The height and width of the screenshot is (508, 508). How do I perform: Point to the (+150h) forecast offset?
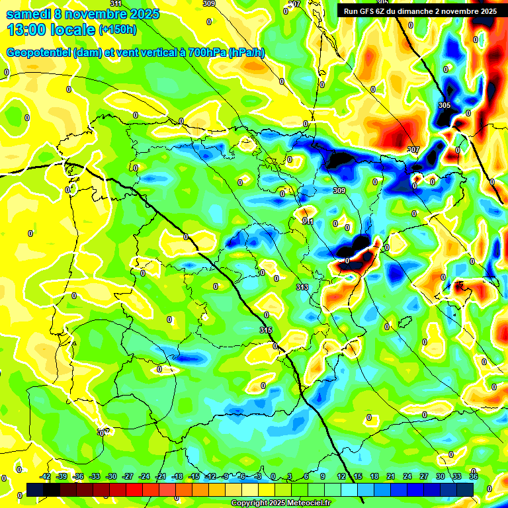[x=117, y=30]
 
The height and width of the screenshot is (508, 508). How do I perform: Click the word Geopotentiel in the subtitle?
[x=39, y=53]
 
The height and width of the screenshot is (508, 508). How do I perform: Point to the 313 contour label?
[x=302, y=287]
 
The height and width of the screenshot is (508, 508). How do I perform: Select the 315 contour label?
[x=266, y=330]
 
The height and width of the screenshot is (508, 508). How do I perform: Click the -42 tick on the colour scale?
[x=46, y=476]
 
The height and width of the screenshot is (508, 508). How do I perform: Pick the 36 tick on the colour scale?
[x=474, y=476]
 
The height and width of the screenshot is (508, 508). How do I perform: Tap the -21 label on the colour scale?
[x=161, y=476]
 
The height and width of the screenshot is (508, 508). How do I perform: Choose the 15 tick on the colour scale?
[x=358, y=476]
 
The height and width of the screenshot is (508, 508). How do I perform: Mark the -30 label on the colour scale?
[x=111, y=476]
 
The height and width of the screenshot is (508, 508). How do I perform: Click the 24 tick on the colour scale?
[x=407, y=476]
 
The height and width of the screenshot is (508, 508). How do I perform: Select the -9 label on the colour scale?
[x=225, y=476]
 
